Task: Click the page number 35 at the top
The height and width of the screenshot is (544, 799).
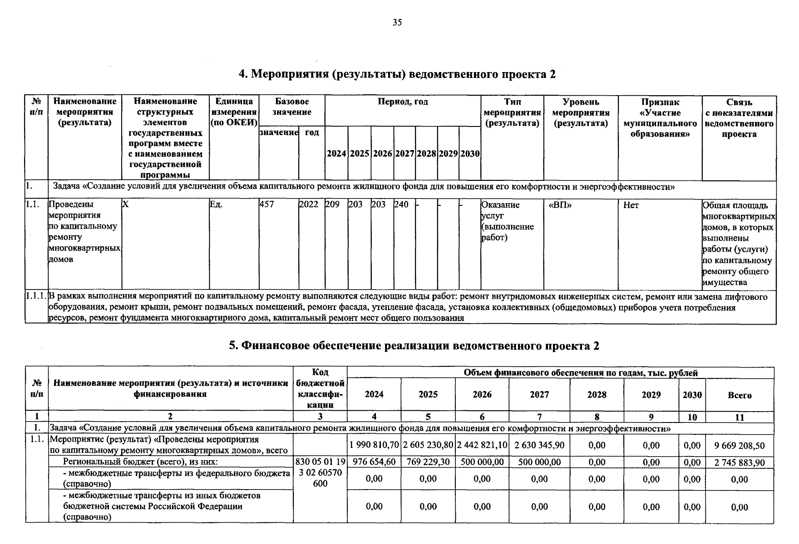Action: (397, 23)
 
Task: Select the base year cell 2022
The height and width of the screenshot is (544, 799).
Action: (309, 205)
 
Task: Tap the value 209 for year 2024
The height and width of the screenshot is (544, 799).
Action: (332, 205)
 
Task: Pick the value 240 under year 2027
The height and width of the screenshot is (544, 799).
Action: (401, 205)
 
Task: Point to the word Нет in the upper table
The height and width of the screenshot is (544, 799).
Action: (631, 205)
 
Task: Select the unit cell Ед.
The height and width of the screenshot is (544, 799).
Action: (217, 205)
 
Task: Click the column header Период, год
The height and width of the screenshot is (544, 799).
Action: (403, 102)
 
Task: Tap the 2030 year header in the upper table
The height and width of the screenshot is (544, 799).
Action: (470, 154)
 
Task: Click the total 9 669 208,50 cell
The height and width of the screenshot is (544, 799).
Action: (740, 446)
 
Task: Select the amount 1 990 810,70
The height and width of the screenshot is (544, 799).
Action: (374, 446)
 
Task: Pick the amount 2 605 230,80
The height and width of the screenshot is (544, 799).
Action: (428, 446)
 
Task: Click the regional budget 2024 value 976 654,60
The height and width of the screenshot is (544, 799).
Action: (374, 462)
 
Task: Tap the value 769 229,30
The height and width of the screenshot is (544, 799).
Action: (428, 462)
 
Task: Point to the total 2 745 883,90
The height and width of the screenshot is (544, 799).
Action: (740, 463)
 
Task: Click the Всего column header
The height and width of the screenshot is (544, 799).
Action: (740, 395)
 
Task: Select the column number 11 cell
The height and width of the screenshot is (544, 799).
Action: (740, 418)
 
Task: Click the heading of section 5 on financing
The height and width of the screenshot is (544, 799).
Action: (414, 346)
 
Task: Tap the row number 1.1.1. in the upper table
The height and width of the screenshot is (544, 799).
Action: (36, 297)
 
